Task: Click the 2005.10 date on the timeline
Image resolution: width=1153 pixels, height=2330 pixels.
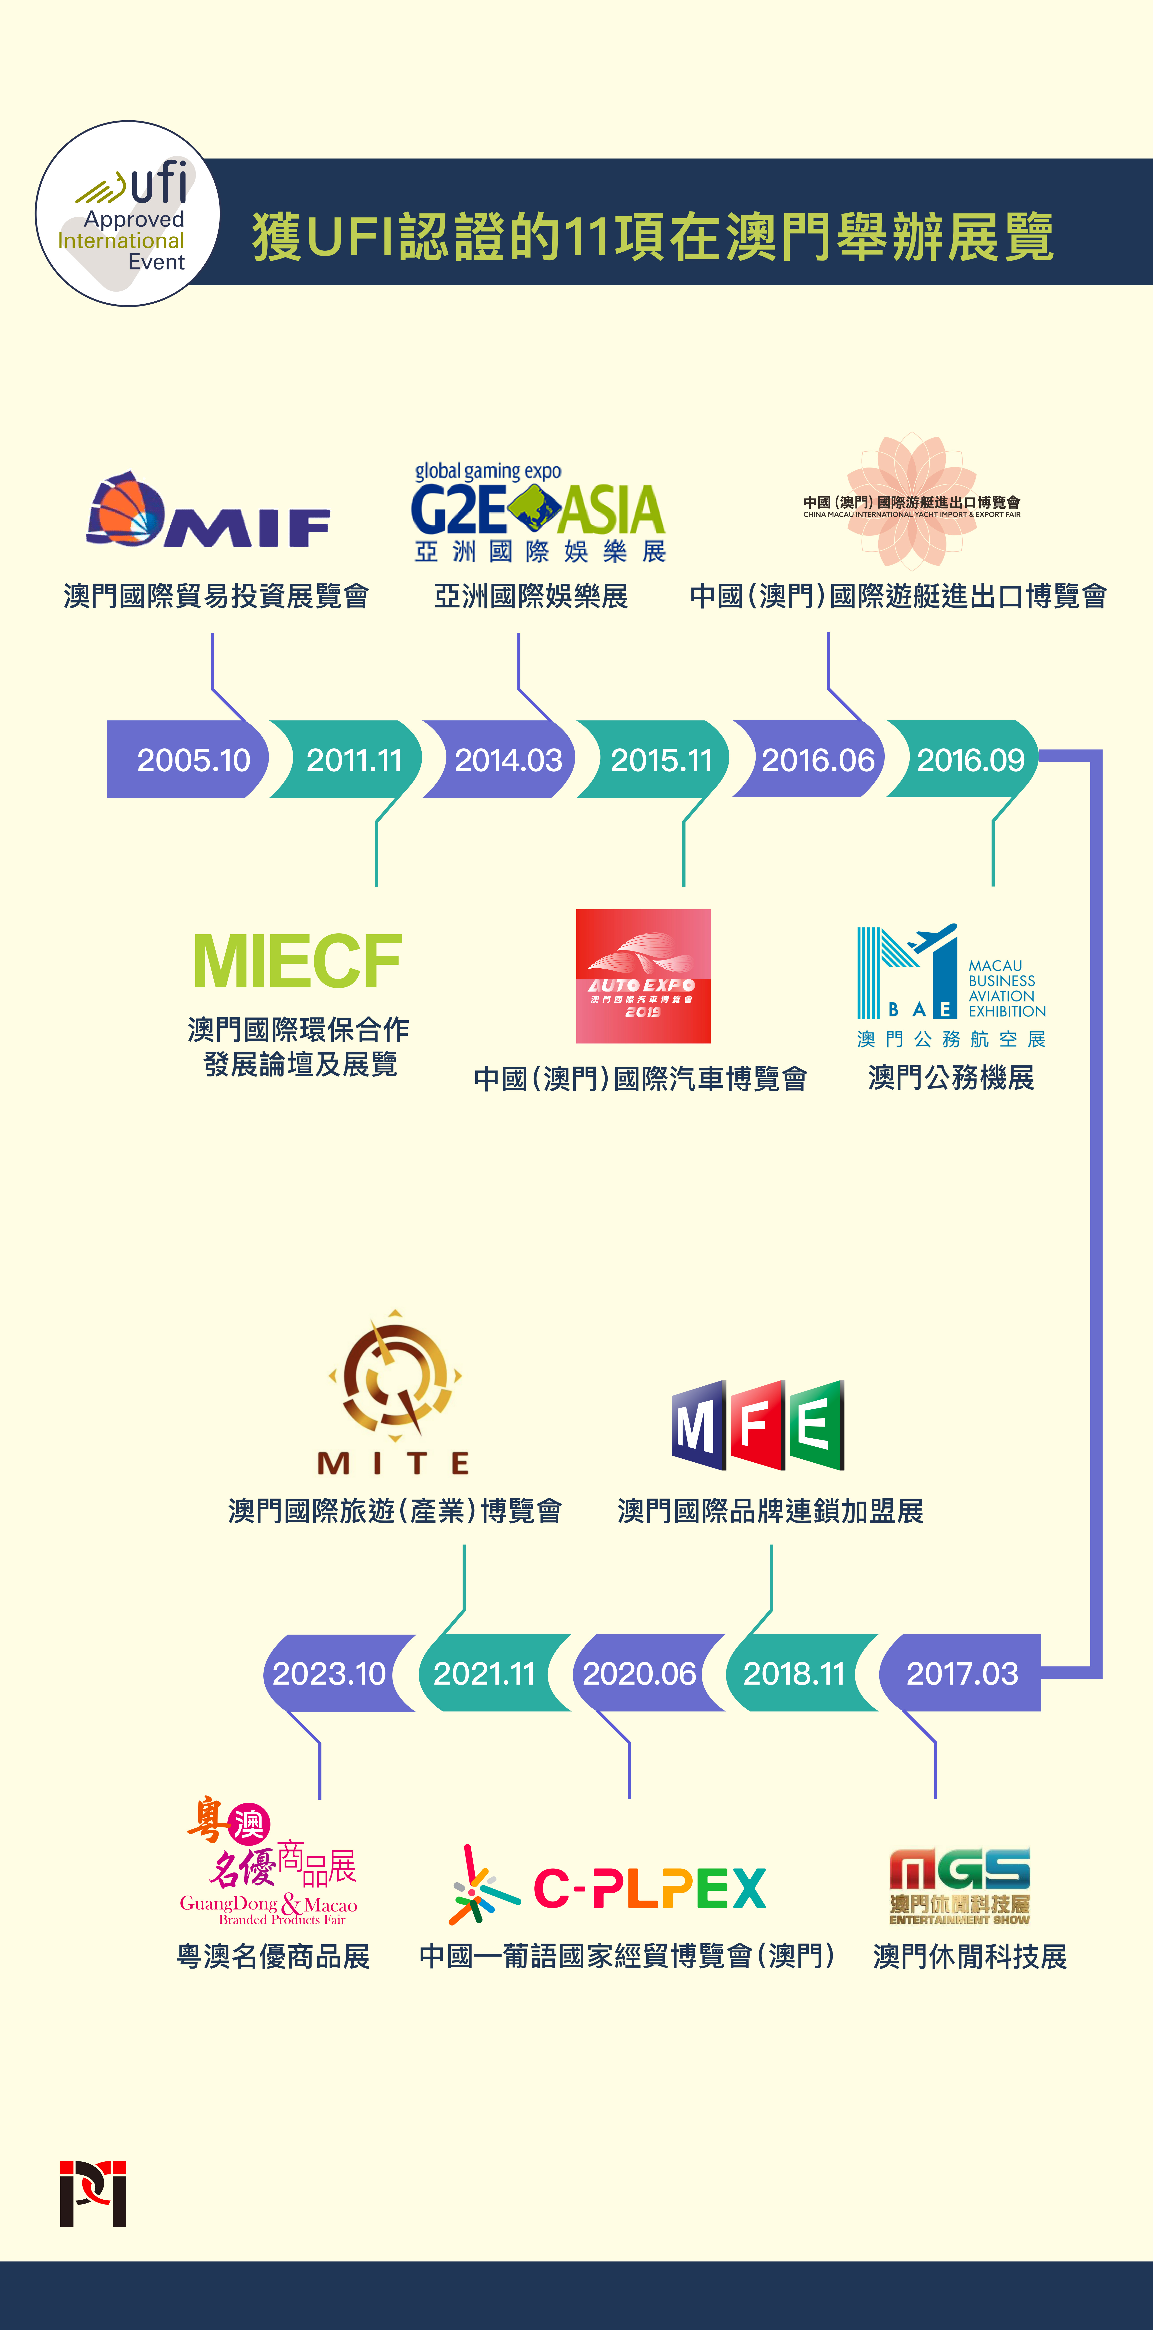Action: click(x=193, y=760)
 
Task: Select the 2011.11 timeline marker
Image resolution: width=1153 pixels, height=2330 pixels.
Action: click(x=354, y=760)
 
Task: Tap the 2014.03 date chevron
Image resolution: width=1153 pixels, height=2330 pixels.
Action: click(x=507, y=760)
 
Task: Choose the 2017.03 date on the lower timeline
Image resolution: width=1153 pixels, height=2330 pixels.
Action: click(x=961, y=1673)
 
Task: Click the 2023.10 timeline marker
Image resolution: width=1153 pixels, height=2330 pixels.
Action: click(x=329, y=1673)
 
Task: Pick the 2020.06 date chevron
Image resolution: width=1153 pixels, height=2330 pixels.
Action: click(x=638, y=1673)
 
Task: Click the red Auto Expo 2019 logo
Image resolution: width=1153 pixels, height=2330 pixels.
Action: click(x=643, y=976)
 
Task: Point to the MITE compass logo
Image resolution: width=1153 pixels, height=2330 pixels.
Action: click(x=394, y=1379)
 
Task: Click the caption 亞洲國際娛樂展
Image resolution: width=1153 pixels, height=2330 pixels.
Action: click(x=531, y=596)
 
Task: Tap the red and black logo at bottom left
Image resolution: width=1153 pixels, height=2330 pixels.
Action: click(x=93, y=2194)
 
